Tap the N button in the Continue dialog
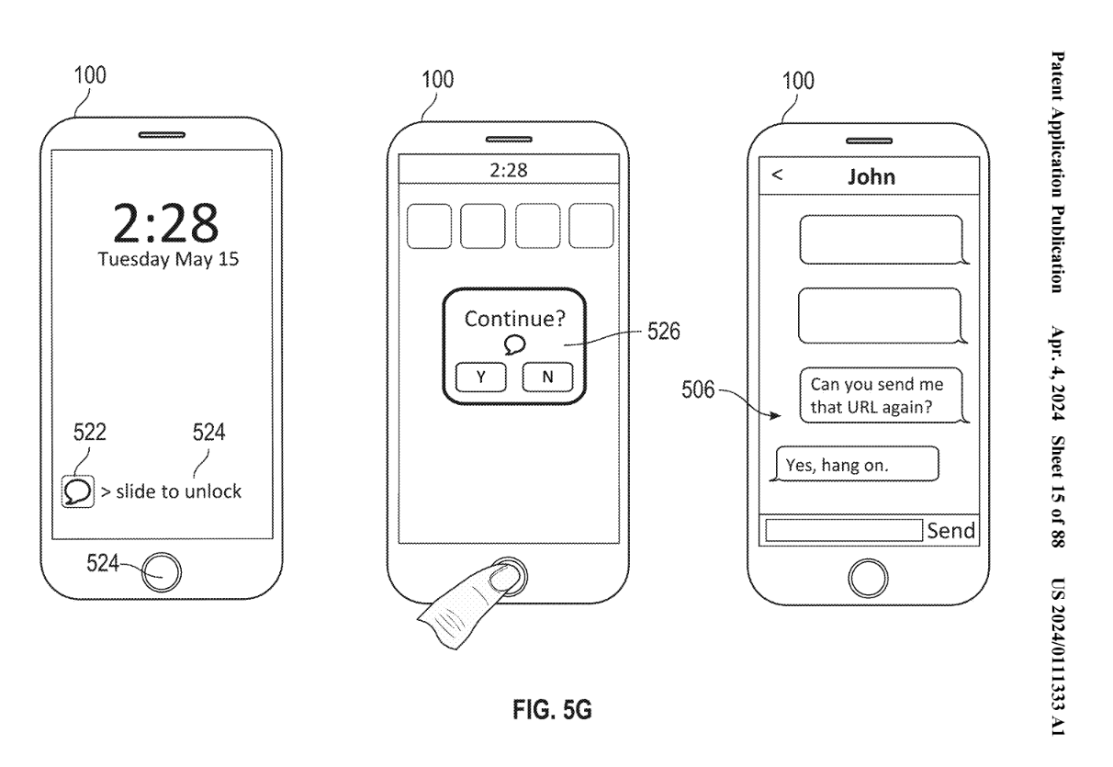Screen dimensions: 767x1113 (547, 377)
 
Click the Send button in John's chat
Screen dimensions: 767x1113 (950, 530)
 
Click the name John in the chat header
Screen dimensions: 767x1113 (871, 177)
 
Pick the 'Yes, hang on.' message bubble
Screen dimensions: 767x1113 (857, 464)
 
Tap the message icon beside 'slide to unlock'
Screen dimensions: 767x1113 (77, 491)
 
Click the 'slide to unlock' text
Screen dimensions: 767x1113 (172, 491)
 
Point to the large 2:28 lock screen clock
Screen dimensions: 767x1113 (165, 222)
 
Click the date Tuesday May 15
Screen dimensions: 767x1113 (168, 259)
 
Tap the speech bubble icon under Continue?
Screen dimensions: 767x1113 (514, 344)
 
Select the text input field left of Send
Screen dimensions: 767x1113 (843, 530)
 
